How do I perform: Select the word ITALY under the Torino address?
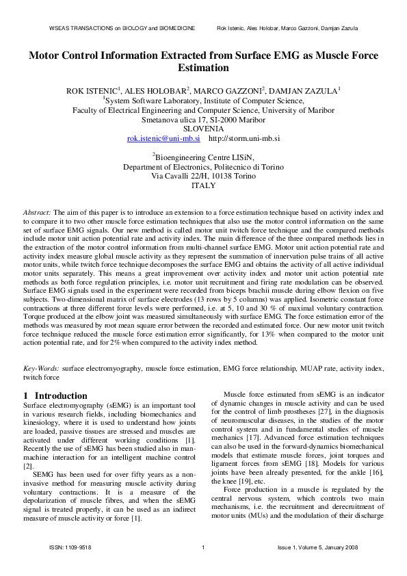coord(204,185)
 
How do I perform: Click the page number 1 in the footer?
coord(204,548)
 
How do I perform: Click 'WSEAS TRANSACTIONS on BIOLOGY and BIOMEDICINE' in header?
coord(122,28)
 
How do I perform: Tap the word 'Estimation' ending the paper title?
coord(203,68)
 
